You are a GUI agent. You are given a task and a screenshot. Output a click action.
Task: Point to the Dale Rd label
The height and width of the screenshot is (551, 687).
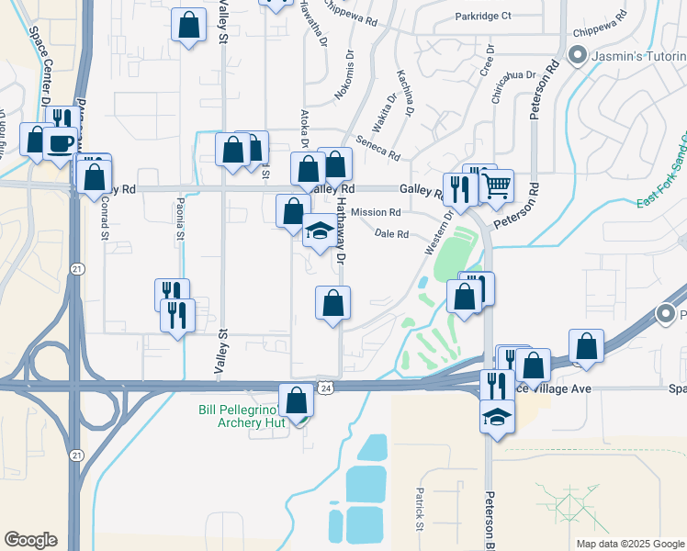coord(391,234)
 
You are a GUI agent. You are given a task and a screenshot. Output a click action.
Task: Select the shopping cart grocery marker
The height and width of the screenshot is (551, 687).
coord(497,186)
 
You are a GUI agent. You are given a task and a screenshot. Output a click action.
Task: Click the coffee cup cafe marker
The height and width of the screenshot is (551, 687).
coord(61,143)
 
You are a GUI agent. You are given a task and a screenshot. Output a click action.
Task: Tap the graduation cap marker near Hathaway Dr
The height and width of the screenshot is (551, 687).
coord(320,231)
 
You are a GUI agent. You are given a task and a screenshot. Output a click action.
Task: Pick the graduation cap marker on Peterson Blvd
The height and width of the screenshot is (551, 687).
coord(497,416)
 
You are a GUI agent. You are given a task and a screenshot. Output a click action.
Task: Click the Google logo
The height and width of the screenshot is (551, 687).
coord(30,540)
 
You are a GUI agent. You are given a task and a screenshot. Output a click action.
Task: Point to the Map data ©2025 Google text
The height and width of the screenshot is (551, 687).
coord(629,544)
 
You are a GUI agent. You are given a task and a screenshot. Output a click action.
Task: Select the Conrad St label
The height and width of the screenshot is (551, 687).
coord(105,217)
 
